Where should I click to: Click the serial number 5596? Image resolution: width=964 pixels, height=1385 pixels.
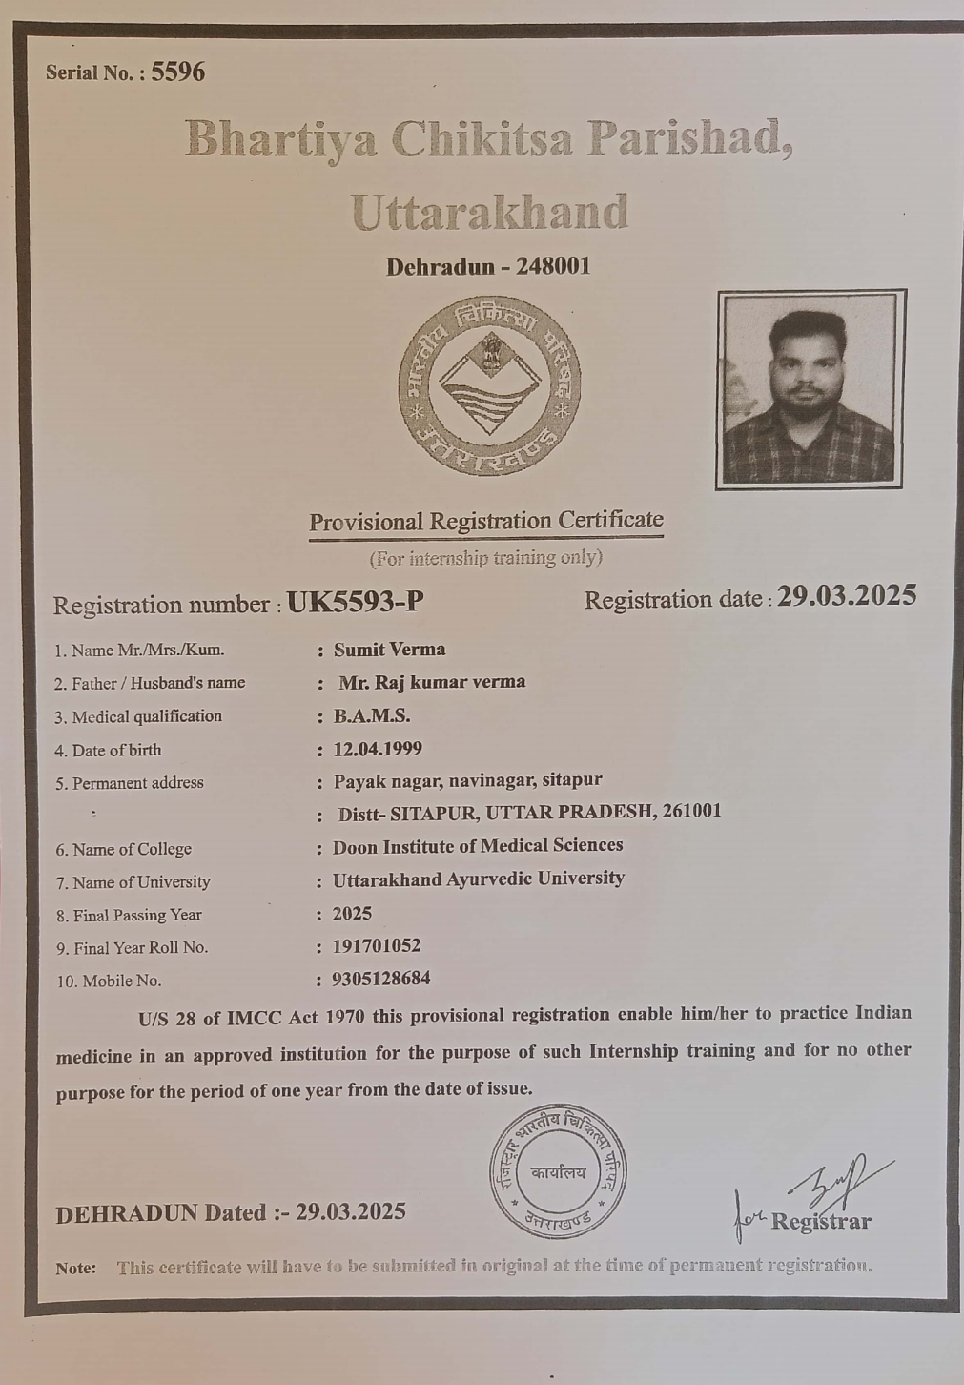click(x=177, y=72)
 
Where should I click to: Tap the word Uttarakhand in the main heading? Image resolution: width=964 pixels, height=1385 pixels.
click(x=489, y=212)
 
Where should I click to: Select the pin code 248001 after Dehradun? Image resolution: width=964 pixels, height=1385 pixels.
click(x=553, y=266)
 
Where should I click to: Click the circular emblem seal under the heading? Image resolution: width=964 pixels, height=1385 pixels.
click(x=489, y=385)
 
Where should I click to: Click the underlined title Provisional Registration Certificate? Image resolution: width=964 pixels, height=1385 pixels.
click(x=485, y=521)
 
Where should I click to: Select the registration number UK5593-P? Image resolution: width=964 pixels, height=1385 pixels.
click(x=355, y=602)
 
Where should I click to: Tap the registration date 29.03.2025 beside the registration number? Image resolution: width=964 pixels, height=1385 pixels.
click(x=847, y=596)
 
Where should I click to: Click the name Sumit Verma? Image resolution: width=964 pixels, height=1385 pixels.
click(x=389, y=650)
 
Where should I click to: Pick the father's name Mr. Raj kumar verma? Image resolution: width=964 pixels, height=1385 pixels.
click(x=432, y=682)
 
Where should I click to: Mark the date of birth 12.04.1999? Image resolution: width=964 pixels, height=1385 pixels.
click(x=378, y=749)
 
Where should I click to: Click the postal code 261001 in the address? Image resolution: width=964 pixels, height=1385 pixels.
click(x=691, y=811)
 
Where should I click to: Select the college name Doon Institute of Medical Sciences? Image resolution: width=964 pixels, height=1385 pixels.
click(x=478, y=846)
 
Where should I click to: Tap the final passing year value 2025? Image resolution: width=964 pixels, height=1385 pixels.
click(x=352, y=914)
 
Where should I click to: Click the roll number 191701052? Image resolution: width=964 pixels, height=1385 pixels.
click(x=377, y=946)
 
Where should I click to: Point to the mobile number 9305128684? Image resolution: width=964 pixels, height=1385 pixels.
click(x=381, y=979)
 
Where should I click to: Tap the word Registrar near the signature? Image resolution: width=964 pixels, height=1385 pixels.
click(x=820, y=1222)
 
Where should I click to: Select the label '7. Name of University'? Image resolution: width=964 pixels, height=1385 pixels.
click(x=133, y=882)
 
